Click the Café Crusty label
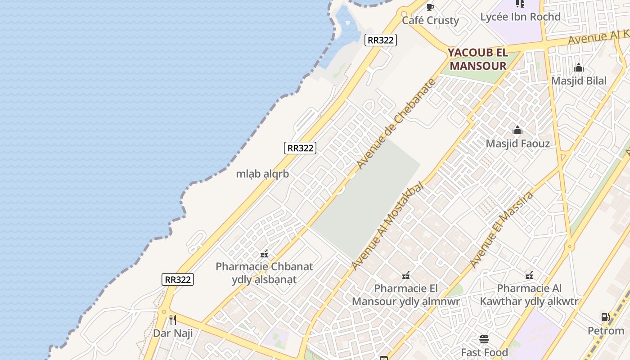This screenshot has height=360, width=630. point(430,20)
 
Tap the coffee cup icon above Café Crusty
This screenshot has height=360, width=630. point(430,7)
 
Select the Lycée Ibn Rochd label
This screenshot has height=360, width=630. point(520,17)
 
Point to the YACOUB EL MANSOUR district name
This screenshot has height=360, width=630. point(478,59)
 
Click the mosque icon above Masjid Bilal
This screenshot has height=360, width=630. point(579,68)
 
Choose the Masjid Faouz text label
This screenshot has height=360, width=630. point(517,144)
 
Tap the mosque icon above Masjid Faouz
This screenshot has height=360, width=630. point(517,130)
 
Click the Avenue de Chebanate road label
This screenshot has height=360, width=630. point(396,124)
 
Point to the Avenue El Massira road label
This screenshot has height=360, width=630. point(501,229)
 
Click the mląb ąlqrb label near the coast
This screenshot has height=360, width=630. point(262,174)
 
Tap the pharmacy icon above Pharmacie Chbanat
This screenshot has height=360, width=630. point(264,254)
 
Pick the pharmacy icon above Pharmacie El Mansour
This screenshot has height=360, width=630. point(405,275)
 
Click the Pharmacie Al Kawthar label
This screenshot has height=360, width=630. point(529,295)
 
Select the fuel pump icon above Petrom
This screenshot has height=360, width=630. point(606,317)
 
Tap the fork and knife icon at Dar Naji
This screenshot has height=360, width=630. point(173,320)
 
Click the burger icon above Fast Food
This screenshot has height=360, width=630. point(484,339)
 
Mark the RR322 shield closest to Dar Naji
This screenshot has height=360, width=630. point(178,279)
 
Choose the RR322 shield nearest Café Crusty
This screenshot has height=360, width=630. point(380,40)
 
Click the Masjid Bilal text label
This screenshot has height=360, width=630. point(579,81)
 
